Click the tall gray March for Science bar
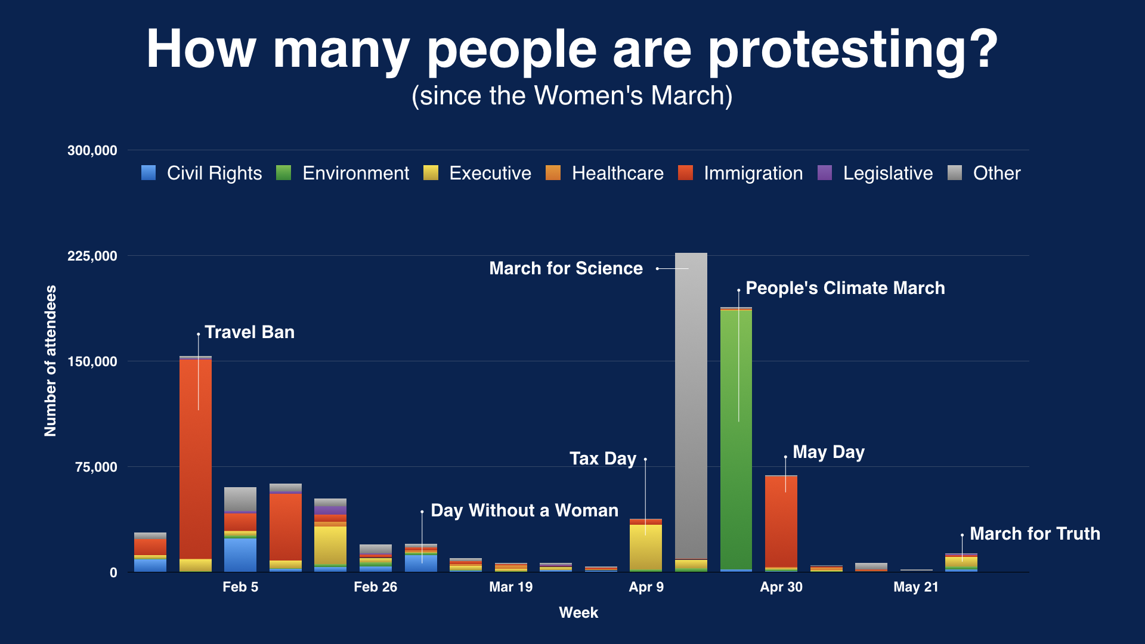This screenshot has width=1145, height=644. tap(691, 405)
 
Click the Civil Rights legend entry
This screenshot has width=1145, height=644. tap(202, 173)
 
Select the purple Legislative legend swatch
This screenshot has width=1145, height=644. tap(824, 173)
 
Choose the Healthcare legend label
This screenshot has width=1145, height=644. tap(617, 173)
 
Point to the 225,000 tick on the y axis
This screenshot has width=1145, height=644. tap(92, 256)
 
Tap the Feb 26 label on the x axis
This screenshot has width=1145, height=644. tap(375, 587)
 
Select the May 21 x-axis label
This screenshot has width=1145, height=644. tap(915, 587)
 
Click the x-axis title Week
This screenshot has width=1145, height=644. tap(578, 612)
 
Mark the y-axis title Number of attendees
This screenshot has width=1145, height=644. tap(51, 361)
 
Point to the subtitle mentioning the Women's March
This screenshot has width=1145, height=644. tap(572, 95)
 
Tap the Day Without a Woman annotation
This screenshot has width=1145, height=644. tap(524, 510)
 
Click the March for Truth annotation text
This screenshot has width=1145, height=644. tap(1035, 534)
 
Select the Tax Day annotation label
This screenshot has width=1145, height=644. tap(602, 459)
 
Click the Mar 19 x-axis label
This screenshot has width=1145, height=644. tap(510, 587)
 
